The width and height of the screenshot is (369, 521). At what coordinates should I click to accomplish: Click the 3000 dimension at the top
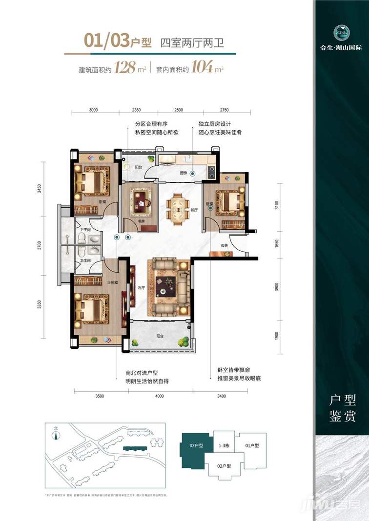tap(94, 110)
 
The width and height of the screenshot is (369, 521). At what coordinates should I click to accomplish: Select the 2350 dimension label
tap(142, 110)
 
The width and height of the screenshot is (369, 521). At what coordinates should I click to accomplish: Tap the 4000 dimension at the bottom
tap(159, 397)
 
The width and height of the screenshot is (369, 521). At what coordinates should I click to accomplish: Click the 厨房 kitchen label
tap(183, 173)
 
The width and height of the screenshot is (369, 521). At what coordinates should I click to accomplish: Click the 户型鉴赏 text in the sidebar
tap(342, 409)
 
